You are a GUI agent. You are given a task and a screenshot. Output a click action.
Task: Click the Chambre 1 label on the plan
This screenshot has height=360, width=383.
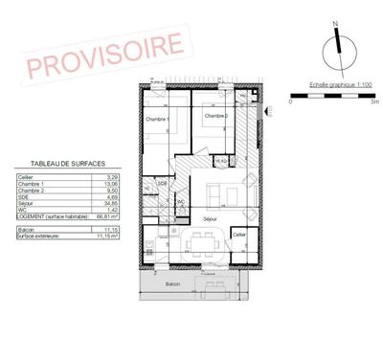click(157, 119)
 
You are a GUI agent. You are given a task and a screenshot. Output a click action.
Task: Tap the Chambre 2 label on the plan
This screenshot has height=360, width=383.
click(214, 116)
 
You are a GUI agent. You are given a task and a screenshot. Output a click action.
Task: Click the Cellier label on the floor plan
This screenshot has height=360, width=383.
click(239, 235)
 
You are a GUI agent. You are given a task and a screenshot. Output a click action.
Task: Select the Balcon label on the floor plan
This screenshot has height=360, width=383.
click(172, 284)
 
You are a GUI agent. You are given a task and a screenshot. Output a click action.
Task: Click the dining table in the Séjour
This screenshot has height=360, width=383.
click(200, 243)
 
